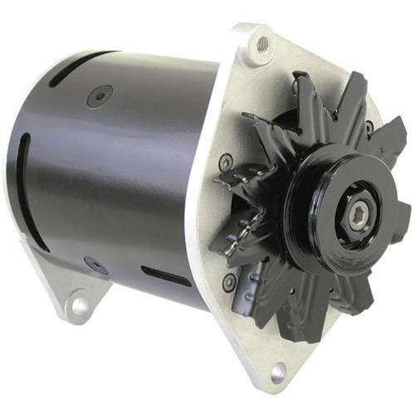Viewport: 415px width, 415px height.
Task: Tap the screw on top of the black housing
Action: coord(100,95)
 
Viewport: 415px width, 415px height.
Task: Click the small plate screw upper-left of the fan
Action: coord(225,163)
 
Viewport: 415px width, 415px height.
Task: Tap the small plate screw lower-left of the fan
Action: coord(229,282)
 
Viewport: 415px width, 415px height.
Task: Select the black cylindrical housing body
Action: coord(116,174)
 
